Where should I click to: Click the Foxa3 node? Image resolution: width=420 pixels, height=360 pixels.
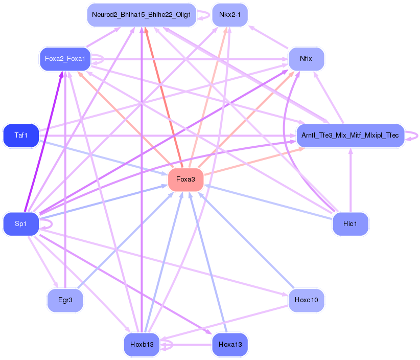185,179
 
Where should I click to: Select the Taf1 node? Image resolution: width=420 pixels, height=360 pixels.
21,136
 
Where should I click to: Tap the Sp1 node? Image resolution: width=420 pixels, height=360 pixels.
21,224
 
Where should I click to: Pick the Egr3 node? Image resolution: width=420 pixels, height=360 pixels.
65,300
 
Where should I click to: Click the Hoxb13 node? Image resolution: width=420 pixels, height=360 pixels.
142,345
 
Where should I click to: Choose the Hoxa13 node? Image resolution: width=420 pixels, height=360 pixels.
230,345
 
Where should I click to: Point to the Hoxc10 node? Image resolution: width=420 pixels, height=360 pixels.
306,300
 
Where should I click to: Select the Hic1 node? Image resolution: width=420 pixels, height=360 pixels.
351,224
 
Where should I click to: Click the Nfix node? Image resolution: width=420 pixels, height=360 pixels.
306,59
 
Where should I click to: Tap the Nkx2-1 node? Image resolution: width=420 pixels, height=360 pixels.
230,15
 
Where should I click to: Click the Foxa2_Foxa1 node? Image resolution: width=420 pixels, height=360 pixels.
65,59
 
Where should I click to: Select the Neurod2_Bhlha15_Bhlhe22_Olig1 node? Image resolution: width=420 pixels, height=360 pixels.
142,15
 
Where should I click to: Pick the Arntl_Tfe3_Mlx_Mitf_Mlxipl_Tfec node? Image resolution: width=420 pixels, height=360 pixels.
351,136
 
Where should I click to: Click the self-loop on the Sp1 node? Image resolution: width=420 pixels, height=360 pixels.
46,224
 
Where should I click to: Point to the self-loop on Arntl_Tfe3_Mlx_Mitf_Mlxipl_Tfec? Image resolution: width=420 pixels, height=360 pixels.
412,136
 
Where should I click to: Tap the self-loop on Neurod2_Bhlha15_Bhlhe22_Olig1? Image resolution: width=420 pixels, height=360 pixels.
203,15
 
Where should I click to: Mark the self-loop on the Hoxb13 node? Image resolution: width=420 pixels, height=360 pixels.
167,345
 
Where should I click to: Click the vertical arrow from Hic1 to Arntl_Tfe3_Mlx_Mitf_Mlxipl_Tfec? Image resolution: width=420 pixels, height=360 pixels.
351,180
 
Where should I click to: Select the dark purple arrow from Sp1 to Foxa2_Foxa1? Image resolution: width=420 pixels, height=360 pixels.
43,142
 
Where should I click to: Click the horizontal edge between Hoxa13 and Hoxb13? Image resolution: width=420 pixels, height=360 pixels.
186,345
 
